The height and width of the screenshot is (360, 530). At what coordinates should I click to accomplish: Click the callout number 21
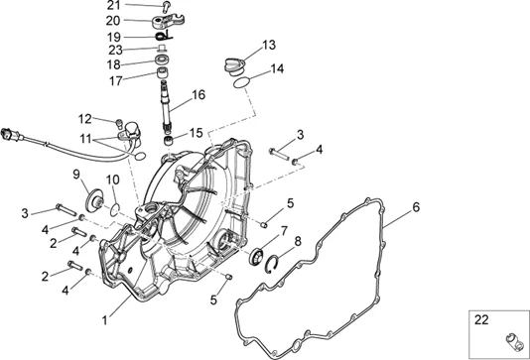114,5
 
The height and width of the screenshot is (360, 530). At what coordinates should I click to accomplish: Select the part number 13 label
269,45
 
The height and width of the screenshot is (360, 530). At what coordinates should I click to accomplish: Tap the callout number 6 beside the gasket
416,207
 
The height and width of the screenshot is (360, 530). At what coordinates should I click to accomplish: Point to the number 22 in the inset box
481,319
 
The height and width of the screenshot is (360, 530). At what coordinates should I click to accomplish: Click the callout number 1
105,320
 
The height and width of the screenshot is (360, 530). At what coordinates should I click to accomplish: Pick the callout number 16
199,95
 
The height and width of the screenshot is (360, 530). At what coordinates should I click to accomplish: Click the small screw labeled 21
167,7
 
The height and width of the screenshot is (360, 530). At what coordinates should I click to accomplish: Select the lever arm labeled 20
168,21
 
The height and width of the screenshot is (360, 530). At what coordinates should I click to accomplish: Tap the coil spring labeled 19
164,35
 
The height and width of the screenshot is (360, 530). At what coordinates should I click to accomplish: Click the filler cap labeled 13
234,66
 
